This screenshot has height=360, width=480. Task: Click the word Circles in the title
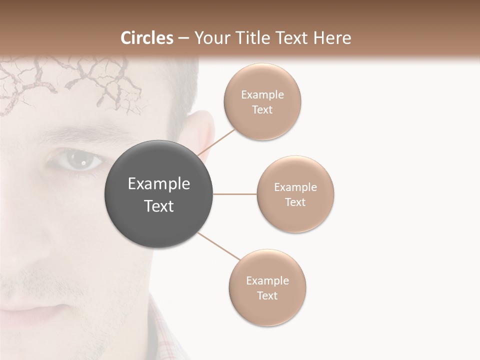coord(147,38)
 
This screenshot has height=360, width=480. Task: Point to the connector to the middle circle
coord(235,194)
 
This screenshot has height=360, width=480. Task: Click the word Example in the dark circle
coord(159,184)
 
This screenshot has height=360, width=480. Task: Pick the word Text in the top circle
coord(262,109)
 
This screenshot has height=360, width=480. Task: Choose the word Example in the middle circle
coord(295,187)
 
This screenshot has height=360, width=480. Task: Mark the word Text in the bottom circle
coord(267,295)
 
